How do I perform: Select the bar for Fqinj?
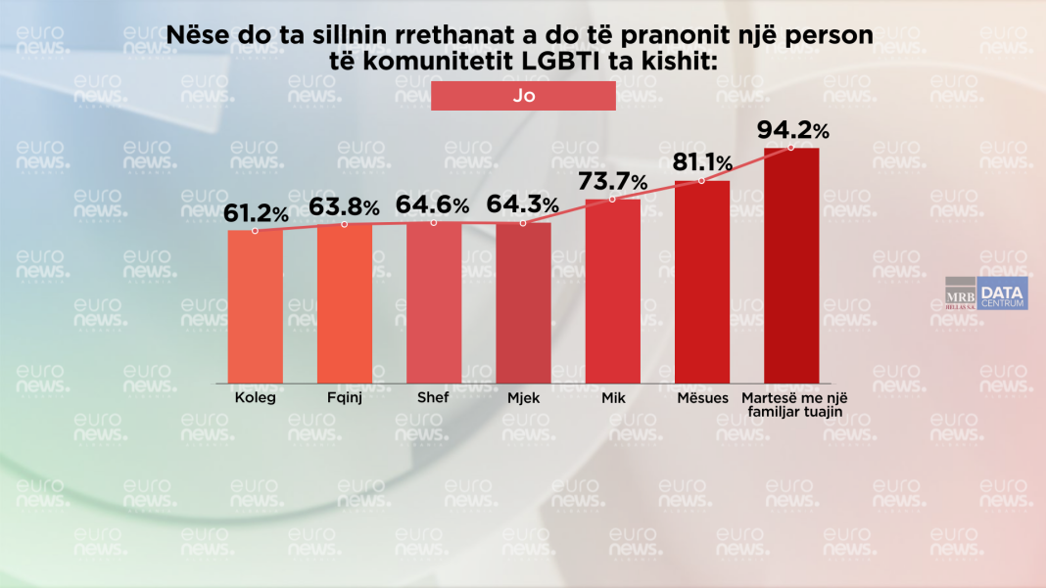point(344,303)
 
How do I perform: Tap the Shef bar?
point(434,302)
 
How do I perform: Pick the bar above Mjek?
point(523,303)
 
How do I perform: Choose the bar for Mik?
point(612,291)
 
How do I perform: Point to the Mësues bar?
point(702,282)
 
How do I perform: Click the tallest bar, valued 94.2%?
point(791,265)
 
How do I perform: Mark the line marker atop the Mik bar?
point(612,200)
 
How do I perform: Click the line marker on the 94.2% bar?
point(791,148)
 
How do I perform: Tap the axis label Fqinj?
point(344,398)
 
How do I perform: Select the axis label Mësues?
point(702,398)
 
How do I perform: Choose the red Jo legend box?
point(523,96)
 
